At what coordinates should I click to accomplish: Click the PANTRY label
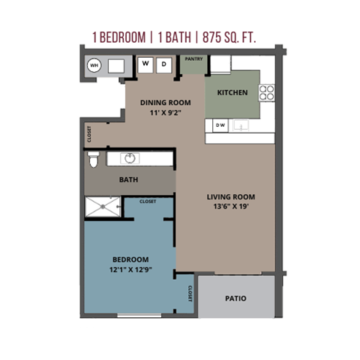pyautogui.click(x=194, y=58)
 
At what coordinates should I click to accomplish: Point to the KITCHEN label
pyautogui.click(x=232, y=91)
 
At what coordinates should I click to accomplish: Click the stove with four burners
pyautogui.click(x=267, y=92)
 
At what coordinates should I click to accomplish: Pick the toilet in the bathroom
pyautogui.click(x=94, y=159)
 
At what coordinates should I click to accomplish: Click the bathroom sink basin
pyautogui.click(x=129, y=158)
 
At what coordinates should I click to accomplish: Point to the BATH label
pyautogui.click(x=129, y=180)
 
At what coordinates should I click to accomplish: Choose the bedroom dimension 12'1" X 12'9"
pyautogui.click(x=129, y=271)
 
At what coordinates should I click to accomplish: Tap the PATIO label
pyautogui.click(x=235, y=298)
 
